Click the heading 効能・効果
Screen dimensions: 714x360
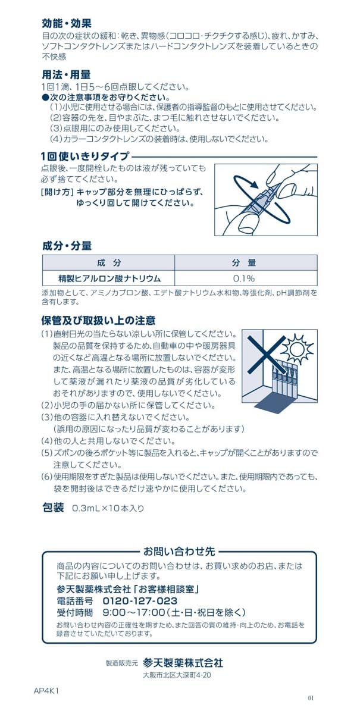point(66,24)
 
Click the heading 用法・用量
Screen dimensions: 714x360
point(66,75)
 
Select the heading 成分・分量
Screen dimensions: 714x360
point(66,246)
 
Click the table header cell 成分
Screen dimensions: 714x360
point(108,263)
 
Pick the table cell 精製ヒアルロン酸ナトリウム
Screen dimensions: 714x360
point(109,278)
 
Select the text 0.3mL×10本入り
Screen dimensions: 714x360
point(108,509)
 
